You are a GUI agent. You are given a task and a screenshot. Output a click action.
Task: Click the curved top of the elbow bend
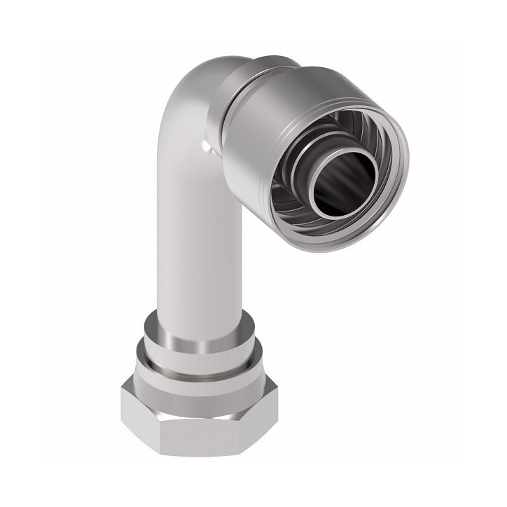[x=196, y=77]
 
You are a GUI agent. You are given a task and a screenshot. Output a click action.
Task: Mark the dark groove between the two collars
[x=200, y=355]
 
